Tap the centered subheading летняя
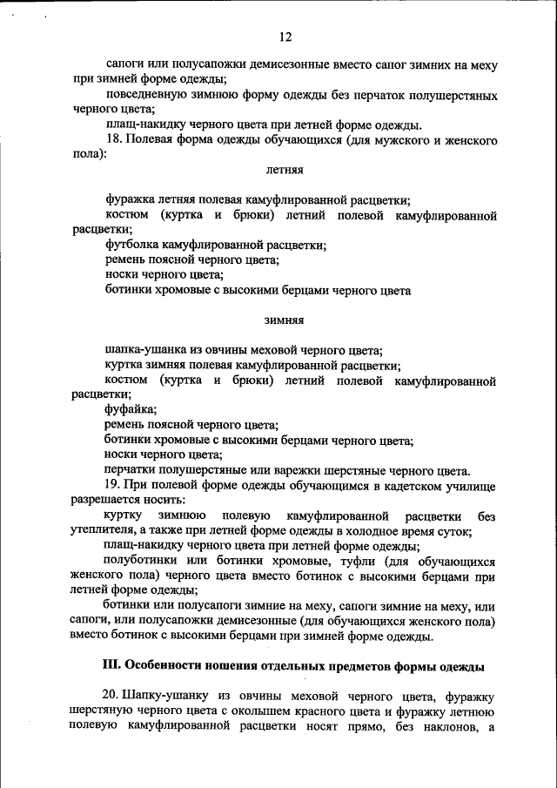pos(284,167)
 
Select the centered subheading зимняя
pos(284,320)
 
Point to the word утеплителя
pos(102,530)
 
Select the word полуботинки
pos(140,562)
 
